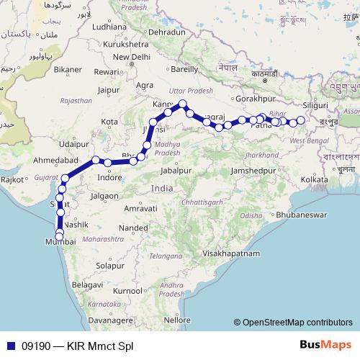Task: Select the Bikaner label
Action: (68, 69)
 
